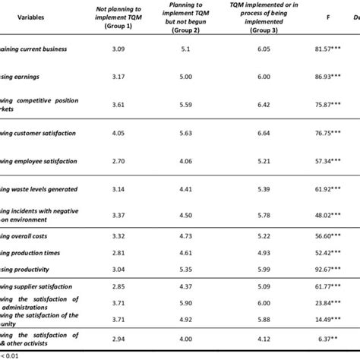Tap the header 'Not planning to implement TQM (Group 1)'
click(120, 16)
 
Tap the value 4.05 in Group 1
click(120, 133)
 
